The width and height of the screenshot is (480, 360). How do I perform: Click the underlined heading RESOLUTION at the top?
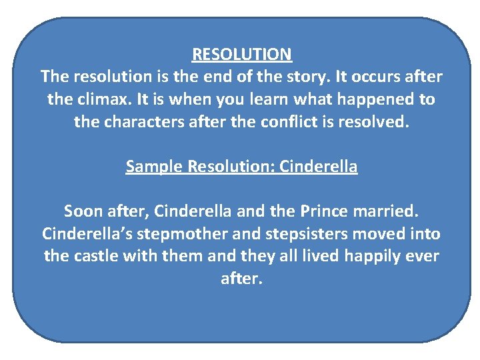tap(241, 54)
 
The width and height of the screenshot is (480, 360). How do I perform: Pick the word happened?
tap(376, 100)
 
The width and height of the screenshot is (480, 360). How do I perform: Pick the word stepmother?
tap(179, 235)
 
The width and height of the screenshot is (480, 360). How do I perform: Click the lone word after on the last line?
tap(241, 279)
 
